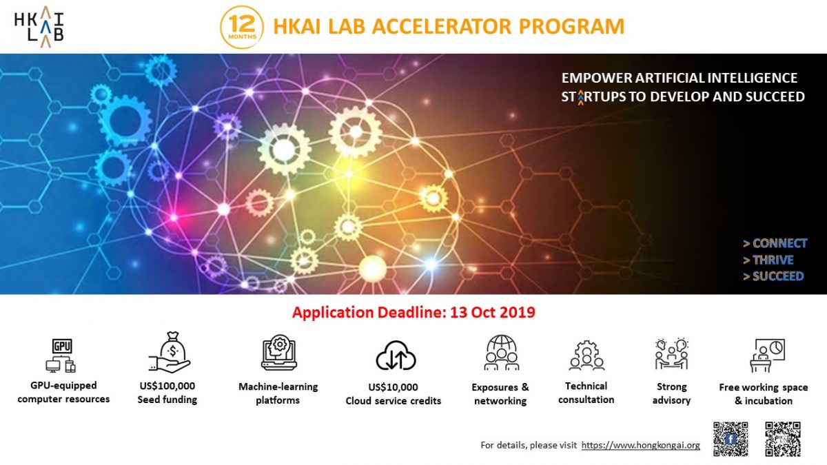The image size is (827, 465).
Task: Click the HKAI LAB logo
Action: (x=39, y=26)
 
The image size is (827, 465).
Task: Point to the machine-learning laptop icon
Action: (x=278, y=353)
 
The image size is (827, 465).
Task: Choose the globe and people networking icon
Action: (x=501, y=353)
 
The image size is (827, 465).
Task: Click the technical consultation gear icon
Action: (x=586, y=355)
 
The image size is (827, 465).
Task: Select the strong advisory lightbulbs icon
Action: (x=671, y=354)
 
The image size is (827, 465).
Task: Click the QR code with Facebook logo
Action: (x=731, y=439)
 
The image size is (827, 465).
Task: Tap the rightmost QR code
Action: (x=783, y=439)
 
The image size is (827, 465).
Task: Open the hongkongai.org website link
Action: (x=640, y=446)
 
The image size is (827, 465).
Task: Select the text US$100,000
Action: (x=167, y=386)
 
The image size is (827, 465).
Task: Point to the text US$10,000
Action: (x=393, y=387)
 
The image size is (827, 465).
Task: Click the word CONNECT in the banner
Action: (x=779, y=243)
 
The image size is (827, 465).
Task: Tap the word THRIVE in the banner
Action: (x=773, y=260)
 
